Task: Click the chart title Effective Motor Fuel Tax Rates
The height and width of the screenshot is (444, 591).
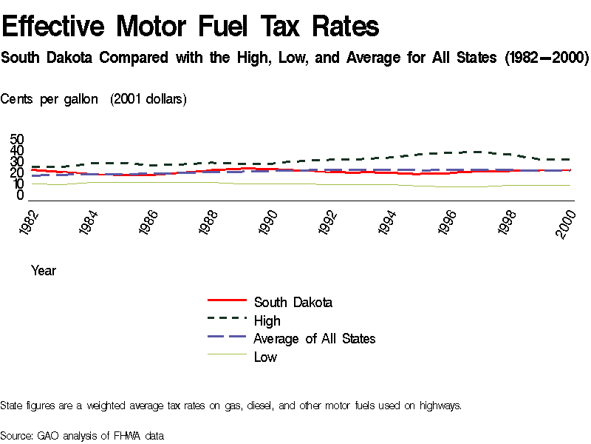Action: [191, 27]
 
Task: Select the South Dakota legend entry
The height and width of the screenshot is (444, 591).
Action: [293, 302]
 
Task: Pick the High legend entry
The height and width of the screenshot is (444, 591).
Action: [267, 320]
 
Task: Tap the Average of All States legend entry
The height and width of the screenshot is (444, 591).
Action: [314, 338]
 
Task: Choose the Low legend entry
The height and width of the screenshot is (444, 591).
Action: [265, 357]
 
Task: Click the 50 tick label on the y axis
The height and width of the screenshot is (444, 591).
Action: [17, 140]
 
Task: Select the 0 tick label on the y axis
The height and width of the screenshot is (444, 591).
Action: [21, 195]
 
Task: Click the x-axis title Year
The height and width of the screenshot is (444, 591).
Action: [43, 271]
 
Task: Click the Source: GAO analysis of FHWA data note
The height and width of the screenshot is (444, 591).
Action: [82, 435]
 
